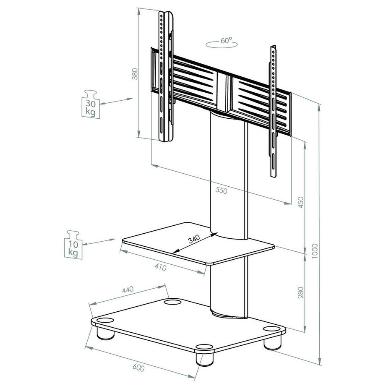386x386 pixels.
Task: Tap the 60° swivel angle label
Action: (x=226, y=41)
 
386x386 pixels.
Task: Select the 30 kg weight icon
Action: (x=90, y=105)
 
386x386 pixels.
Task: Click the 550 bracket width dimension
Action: (x=221, y=190)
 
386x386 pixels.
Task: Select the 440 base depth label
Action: (x=127, y=289)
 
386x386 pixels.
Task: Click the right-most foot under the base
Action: (x=271, y=341)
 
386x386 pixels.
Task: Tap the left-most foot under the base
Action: (x=105, y=332)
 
